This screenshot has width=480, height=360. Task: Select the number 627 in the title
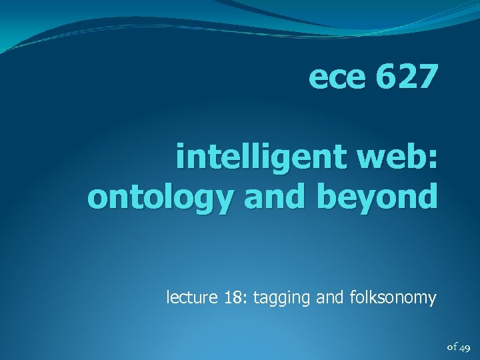pos(407,78)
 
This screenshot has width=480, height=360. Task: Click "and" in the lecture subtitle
pos(330,297)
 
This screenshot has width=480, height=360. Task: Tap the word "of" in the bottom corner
pos(451,346)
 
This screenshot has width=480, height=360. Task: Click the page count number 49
pos(465,346)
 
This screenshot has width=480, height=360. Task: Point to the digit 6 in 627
pos(385,78)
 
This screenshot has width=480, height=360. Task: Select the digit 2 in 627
pos(407,78)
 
